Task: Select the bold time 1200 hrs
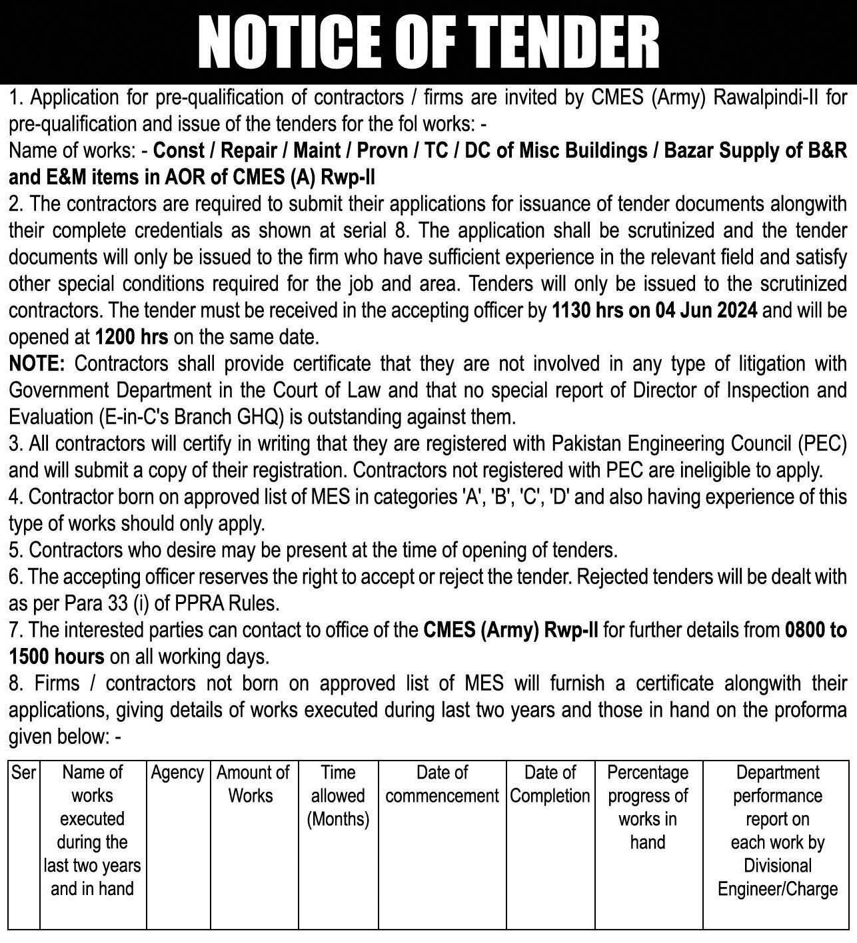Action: (131, 337)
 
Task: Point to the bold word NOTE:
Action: (37, 364)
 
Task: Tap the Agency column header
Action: (177, 773)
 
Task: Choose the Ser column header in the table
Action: (24, 773)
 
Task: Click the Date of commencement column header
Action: (442, 785)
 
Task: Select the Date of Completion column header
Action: (550, 785)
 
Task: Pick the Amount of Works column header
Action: (253, 785)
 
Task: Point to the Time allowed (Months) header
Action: (338, 796)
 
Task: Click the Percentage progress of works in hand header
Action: (648, 807)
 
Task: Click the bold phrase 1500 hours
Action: (57, 657)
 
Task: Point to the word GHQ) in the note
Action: (256, 417)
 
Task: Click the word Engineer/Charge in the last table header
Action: (777, 890)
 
